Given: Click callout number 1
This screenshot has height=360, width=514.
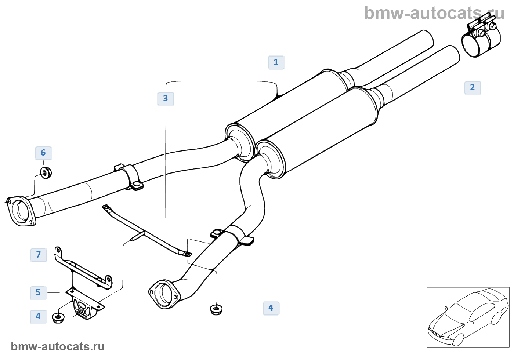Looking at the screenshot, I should click(x=276, y=62).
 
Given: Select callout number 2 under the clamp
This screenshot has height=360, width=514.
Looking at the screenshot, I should click(x=473, y=88).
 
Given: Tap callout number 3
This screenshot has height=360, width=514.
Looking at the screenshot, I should click(x=166, y=99).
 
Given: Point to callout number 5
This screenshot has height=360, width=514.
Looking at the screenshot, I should click(x=38, y=293).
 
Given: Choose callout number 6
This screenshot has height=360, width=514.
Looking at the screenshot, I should click(x=43, y=153).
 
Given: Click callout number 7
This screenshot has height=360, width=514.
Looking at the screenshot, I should click(x=39, y=255).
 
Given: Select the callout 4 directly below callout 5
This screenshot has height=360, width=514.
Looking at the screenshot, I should click(x=38, y=316).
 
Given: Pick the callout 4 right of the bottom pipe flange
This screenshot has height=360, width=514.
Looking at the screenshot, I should click(x=271, y=308).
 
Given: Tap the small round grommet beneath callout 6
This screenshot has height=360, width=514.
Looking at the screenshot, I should click(x=46, y=172).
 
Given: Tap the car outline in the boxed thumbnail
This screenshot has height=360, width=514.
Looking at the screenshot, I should click(x=468, y=317).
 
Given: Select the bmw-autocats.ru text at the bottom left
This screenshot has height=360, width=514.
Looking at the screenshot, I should click(x=58, y=346).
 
